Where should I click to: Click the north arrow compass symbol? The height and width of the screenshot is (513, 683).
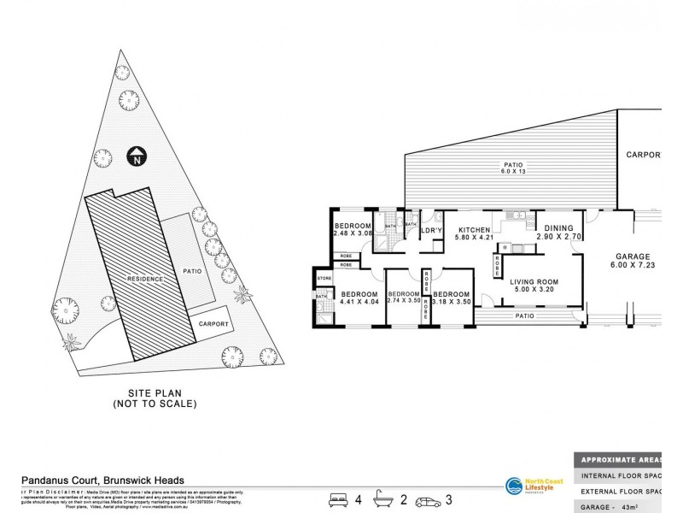click(x=136, y=156)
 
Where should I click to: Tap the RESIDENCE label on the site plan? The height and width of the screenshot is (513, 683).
click(x=146, y=279)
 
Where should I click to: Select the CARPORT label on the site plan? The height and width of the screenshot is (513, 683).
click(x=213, y=324)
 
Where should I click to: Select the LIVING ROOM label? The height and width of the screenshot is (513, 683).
click(x=534, y=283)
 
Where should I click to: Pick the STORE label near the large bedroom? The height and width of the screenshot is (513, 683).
click(x=324, y=279)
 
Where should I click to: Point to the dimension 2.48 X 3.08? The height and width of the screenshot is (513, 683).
click(x=353, y=233)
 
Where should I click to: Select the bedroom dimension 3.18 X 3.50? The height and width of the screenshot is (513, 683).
click(x=452, y=301)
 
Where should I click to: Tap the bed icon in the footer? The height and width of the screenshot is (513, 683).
click(x=338, y=498)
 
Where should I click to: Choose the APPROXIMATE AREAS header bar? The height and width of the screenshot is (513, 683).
click(x=628, y=457)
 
